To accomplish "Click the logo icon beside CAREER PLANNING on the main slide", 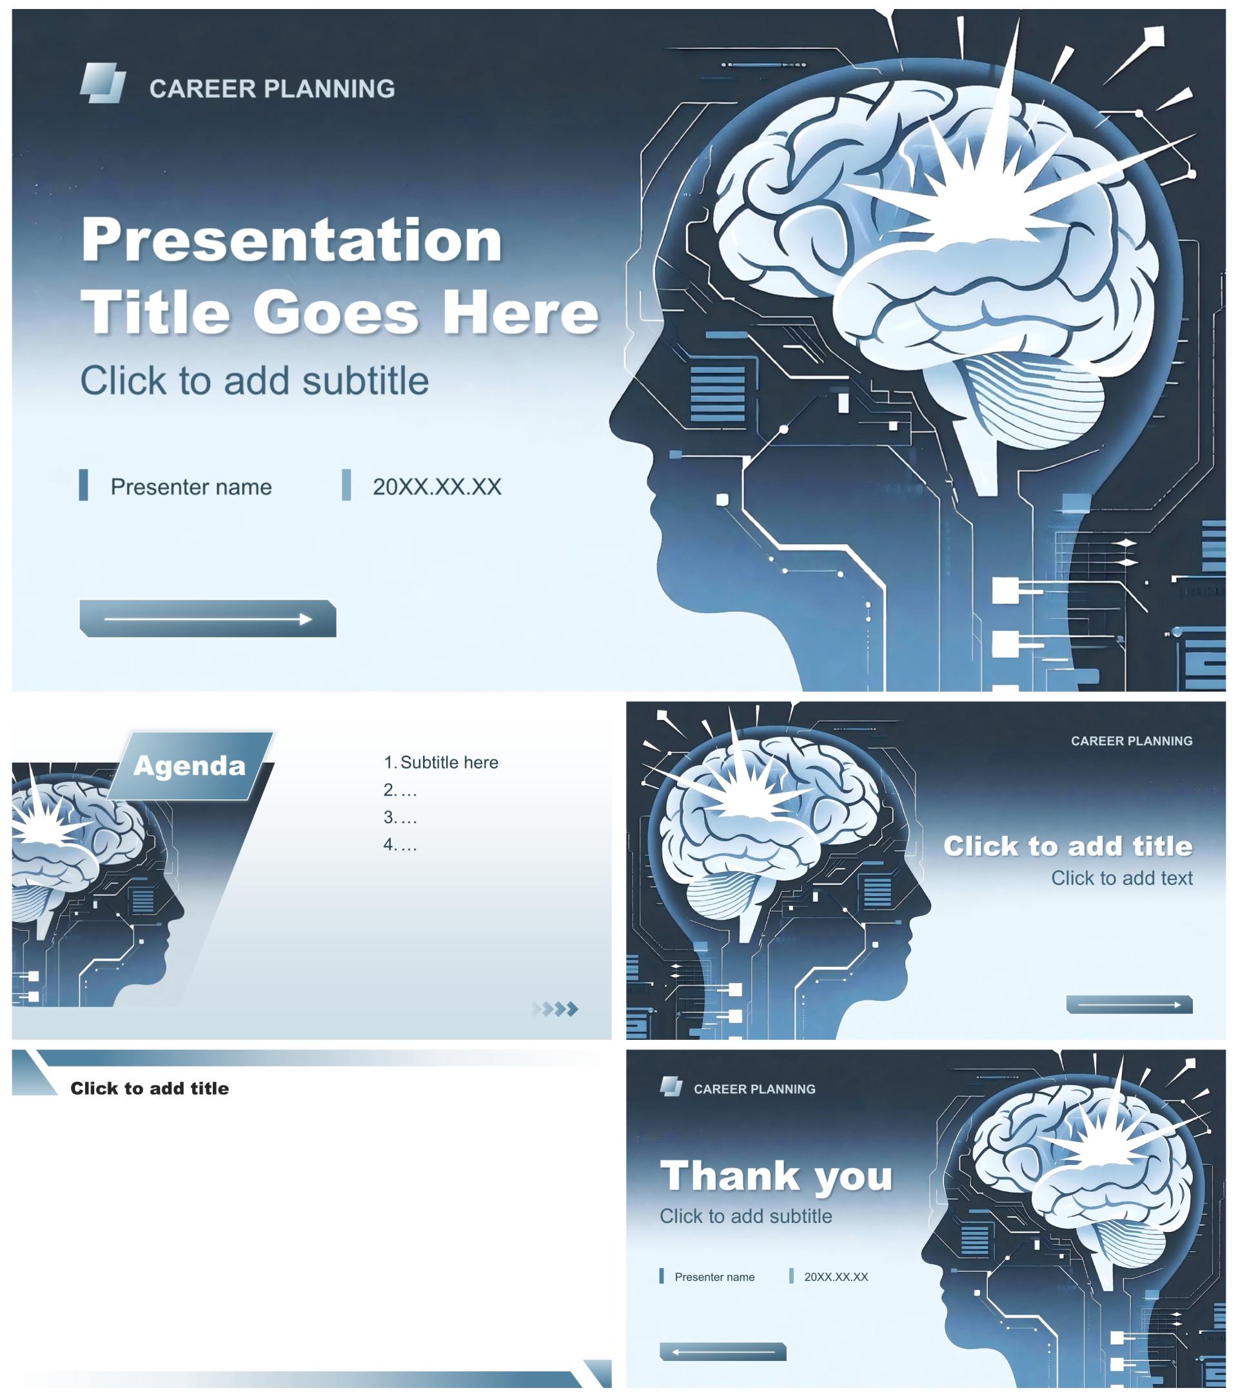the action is coord(103,83).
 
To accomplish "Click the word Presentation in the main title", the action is coord(292,239).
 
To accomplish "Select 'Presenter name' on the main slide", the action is coord(192,487).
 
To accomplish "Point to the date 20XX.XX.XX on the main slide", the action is coord(437,487).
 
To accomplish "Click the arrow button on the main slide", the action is coord(208,618).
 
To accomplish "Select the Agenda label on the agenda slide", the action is coord(190,765).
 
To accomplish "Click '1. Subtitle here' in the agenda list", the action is coord(441,762).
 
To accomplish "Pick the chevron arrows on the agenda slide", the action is coord(555,1009).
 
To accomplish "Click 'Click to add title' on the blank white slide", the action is coord(150,1088).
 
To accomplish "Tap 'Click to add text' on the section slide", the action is coord(1122,877).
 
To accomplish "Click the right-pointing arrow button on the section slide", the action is coord(1129,1004).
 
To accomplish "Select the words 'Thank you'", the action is coord(776,1176).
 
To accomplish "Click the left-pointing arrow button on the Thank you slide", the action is coord(723,1351).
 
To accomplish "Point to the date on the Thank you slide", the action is coord(836,1276).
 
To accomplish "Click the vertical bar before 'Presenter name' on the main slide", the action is coord(83,485).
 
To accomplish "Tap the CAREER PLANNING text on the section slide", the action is coord(1132,741).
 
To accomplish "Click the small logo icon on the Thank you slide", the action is coord(671,1086).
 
